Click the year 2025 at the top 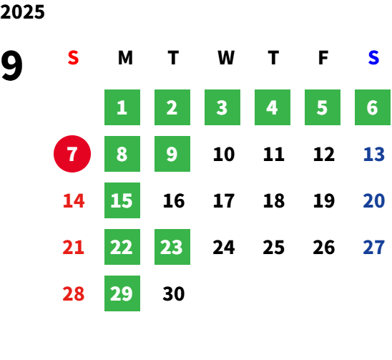(x=22, y=12)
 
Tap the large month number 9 (x=11, y=65)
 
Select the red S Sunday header (x=73, y=58)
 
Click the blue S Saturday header (x=373, y=58)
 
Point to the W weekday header (x=226, y=58)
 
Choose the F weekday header (x=323, y=58)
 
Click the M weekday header (x=125, y=58)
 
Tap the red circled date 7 (x=72, y=154)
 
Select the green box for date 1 (x=122, y=107)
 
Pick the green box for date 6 (x=373, y=107)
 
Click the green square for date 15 (x=122, y=200)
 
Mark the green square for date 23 (x=172, y=247)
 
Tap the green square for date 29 (x=122, y=293)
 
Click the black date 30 (x=174, y=293)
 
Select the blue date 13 (x=373, y=154)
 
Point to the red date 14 (x=74, y=200)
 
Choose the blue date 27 (x=373, y=247)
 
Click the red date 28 (x=73, y=293)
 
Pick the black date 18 (x=274, y=200)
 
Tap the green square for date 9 (x=172, y=154)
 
